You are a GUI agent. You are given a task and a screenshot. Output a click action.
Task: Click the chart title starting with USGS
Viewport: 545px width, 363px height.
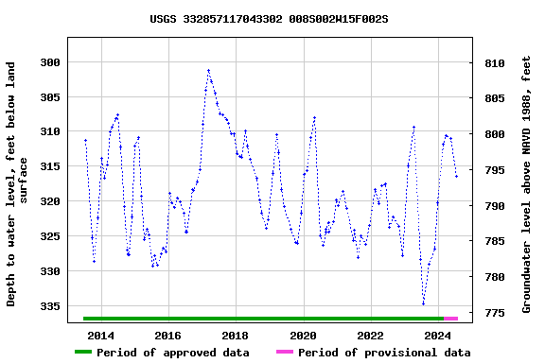coord(269,19)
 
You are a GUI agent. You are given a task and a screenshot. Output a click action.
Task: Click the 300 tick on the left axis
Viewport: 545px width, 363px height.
coord(50,62)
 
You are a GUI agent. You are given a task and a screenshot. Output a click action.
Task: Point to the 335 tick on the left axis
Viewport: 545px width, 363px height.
coord(50,306)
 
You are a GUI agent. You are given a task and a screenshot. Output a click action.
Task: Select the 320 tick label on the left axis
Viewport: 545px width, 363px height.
coord(50,201)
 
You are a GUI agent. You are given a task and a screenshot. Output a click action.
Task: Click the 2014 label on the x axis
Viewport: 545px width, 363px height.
coord(100,336)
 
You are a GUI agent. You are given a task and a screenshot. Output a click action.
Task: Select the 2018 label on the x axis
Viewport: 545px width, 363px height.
coord(236,336)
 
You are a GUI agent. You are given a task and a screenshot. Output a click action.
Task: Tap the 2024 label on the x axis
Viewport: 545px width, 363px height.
coord(438,336)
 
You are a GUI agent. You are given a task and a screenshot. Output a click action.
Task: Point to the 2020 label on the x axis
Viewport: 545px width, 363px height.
coord(303,336)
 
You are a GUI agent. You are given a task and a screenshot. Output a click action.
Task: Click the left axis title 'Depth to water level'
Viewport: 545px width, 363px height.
coord(18,184)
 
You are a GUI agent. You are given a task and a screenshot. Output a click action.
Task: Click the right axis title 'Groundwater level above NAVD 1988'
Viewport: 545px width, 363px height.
coord(527,184)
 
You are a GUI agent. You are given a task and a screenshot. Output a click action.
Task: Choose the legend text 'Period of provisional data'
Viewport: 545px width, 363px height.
coord(384,353)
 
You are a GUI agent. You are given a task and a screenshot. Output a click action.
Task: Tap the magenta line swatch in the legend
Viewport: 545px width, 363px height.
coord(284,353)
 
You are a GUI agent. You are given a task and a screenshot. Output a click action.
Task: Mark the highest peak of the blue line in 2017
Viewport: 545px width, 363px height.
coord(208,70)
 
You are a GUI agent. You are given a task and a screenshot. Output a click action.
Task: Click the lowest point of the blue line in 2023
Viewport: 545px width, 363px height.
coord(423,303)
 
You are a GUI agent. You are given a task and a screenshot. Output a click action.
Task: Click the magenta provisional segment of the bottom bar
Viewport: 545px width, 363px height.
coord(451,319)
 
